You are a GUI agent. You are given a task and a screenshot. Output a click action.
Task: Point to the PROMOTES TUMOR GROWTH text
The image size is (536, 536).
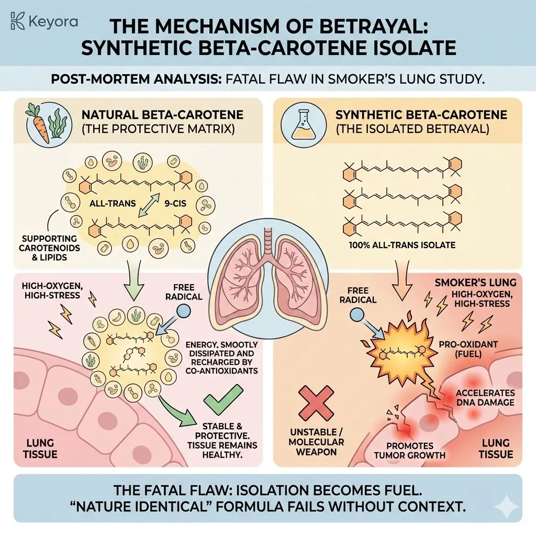pyautogui.click(x=410, y=450)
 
